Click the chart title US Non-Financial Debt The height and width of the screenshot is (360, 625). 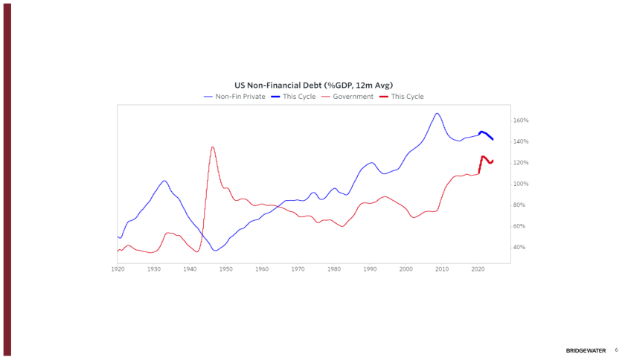click(313, 86)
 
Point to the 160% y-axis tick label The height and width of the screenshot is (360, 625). click(521, 120)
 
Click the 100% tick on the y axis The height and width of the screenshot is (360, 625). click(521, 184)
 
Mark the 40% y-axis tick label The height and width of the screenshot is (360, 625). click(520, 247)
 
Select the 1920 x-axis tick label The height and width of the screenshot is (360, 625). click(118, 269)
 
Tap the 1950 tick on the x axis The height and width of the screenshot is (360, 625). click(225, 269)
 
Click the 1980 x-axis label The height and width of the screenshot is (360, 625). click(334, 269)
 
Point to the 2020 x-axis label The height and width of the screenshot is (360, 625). click(478, 269)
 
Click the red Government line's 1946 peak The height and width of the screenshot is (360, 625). click(212, 147)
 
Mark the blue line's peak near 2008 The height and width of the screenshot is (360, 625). click(437, 113)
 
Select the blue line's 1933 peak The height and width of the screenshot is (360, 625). click(164, 181)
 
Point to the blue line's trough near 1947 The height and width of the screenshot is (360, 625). click(216, 251)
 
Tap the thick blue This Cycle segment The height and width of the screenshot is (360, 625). click(485, 134)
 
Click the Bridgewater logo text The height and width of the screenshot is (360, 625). click(586, 350)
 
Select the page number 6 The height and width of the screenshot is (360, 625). click(616, 350)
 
